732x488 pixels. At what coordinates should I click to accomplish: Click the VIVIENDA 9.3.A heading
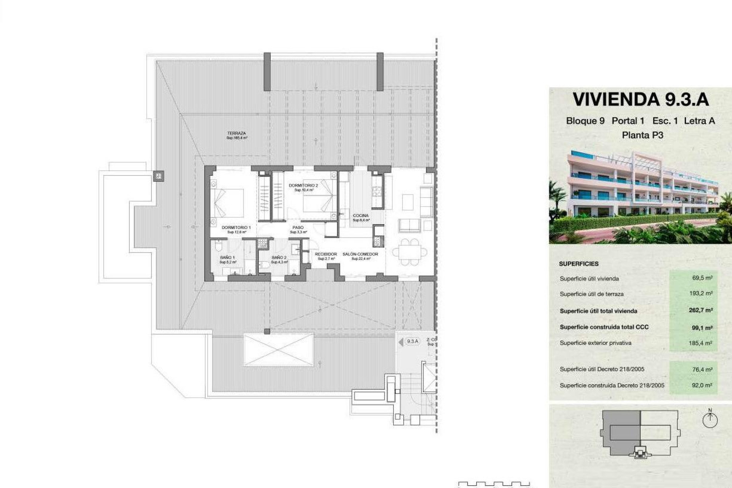click(x=640, y=100)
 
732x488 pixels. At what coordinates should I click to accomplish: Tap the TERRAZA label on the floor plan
click(x=236, y=133)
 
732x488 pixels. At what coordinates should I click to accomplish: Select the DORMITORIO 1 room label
click(x=236, y=228)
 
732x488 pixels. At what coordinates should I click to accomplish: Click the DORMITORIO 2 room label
click(x=303, y=186)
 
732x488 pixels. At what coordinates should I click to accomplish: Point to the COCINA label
click(x=360, y=216)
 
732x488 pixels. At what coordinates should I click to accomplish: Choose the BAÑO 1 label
click(x=227, y=258)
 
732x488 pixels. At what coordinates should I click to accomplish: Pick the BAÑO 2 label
click(x=279, y=258)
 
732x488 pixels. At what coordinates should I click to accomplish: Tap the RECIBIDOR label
click(x=326, y=254)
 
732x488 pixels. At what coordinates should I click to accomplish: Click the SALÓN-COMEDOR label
click(x=360, y=254)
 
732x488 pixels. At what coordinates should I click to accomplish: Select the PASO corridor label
click(x=298, y=228)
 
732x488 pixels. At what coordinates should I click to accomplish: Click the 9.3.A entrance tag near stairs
click(x=412, y=342)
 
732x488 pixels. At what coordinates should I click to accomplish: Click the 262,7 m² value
click(x=701, y=310)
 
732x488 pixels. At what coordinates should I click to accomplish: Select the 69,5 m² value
click(x=702, y=278)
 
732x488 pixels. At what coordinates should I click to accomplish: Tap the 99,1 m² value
click(x=702, y=327)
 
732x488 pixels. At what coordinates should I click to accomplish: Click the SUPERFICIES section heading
click(x=579, y=264)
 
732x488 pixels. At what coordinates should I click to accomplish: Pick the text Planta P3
click(x=642, y=135)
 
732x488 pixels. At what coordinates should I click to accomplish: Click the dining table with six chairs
click(x=410, y=252)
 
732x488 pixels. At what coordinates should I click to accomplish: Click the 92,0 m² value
click(x=702, y=385)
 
